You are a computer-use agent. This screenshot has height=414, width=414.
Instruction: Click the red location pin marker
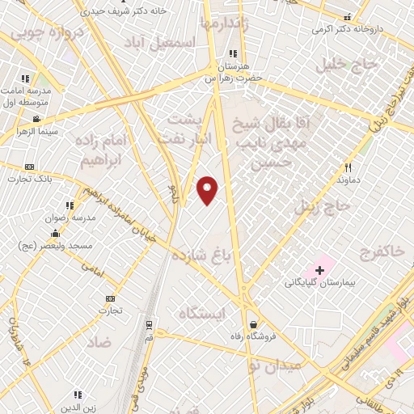coord(208,189)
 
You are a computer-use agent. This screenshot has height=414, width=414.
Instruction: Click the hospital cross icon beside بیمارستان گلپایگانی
coord(319,269)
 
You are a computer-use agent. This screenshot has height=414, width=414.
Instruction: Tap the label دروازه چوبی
coord(37,34)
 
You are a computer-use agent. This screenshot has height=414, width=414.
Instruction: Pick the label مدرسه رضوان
coord(72,218)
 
